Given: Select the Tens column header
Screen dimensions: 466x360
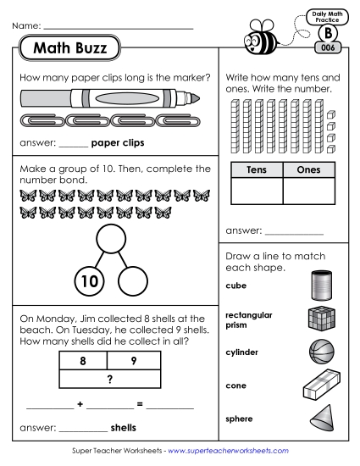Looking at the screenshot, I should point(256,169).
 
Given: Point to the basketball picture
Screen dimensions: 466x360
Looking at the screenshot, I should point(323,351).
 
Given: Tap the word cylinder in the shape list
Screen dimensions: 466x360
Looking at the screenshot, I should point(241,352).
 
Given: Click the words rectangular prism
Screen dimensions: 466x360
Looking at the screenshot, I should point(248,319).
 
